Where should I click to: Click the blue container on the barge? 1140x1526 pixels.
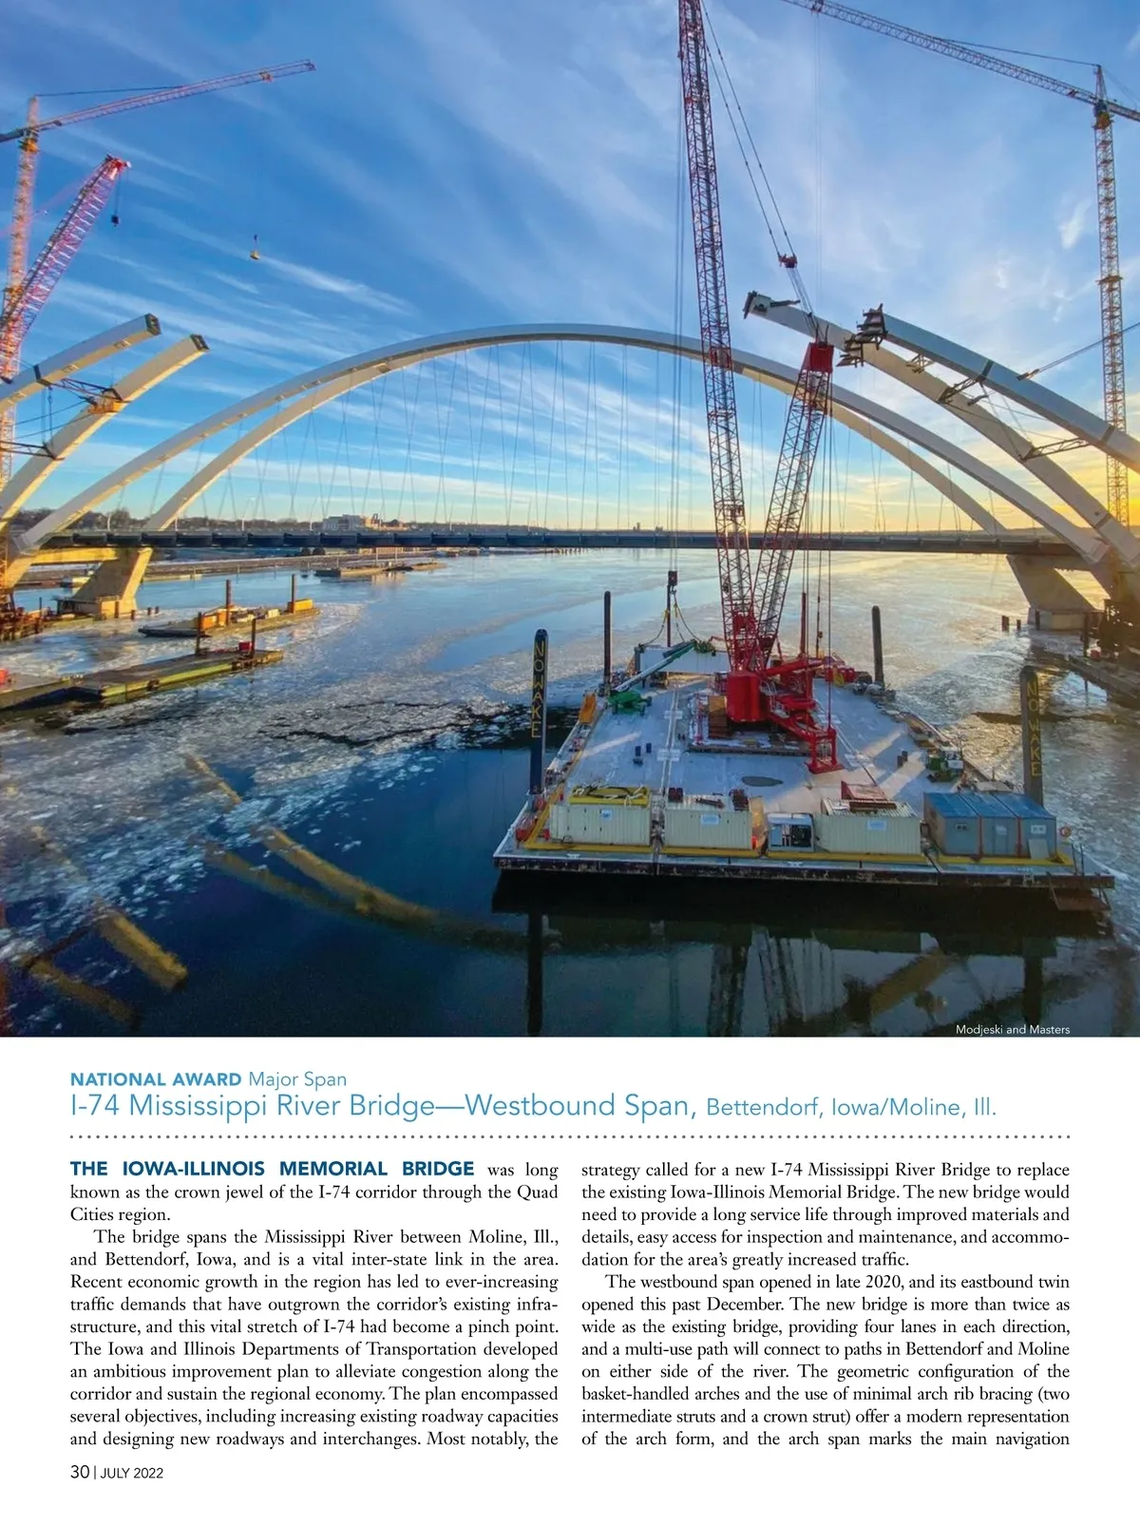click(x=990, y=823)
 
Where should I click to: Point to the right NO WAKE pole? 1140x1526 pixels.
click(x=1032, y=732)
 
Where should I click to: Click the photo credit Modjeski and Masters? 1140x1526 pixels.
click(x=1012, y=1029)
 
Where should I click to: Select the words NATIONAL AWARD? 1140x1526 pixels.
click(x=156, y=1079)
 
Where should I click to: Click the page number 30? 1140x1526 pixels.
click(x=80, y=1472)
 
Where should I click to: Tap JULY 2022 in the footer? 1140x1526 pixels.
click(x=132, y=1473)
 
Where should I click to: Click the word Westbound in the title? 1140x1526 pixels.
click(x=541, y=1106)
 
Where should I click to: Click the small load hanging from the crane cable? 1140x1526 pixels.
click(x=256, y=253)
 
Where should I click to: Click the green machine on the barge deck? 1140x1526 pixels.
click(x=626, y=701)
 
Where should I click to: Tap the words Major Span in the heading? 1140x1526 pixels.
click(x=297, y=1079)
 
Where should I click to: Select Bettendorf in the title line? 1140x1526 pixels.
click(x=765, y=1108)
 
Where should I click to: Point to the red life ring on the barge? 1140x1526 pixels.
click(x=1065, y=830)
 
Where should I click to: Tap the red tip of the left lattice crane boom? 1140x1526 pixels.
click(x=119, y=165)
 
